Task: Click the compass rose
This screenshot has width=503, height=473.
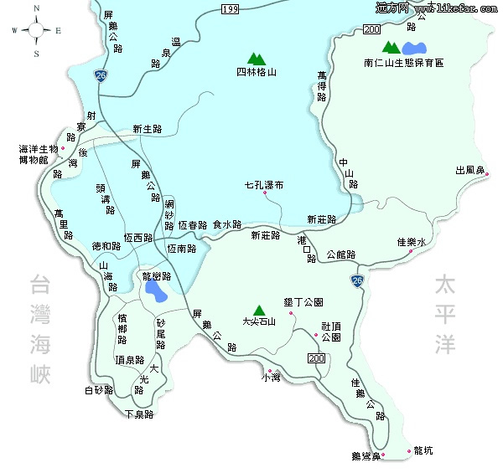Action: [36, 30]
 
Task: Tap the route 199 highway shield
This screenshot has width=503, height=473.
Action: [231, 9]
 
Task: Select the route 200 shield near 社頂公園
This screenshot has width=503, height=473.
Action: [316, 358]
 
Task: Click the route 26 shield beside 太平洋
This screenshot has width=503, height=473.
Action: [358, 280]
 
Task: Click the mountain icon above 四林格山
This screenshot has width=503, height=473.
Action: [257, 58]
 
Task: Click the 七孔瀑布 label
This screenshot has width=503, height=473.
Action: [262, 184]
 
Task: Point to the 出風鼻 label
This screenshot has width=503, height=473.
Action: [470, 170]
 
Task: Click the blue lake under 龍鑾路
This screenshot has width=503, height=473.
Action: [154, 291]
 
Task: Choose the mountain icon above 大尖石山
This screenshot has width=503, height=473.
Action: [258, 309]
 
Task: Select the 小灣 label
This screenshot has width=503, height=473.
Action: [270, 378]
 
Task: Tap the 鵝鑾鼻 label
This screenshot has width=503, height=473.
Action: [366, 456]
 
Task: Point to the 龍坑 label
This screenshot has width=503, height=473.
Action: [424, 451]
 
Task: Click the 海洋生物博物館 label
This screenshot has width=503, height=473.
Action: [39, 154]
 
